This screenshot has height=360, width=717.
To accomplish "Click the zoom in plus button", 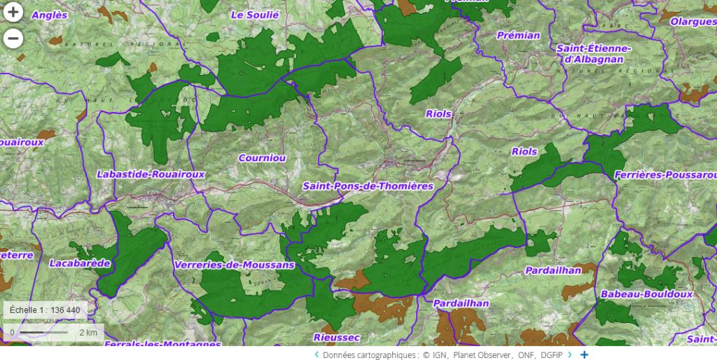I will pyautogui.click(x=13, y=13).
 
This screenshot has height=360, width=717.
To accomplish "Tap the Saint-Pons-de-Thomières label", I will pyautogui.click(x=368, y=186).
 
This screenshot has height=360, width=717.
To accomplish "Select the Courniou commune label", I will pyautogui.click(x=262, y=158).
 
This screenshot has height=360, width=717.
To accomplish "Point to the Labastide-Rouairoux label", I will pyautogui.click(x=151, y=174).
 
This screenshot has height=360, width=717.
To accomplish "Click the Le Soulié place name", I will pyautogui.click(x=255, y=15).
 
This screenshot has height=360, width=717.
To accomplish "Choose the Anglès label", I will pyautogui.click(x=50, y=15).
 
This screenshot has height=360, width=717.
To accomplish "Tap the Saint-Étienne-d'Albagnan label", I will pyautogui.click(x=594, y=54).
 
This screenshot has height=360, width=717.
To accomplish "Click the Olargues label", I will pyautogui.click(x=693, y=22).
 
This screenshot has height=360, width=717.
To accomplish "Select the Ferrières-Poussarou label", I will pyautogui.click(x=665, y=174).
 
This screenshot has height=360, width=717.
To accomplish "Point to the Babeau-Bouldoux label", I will pyautogui.click(x=646, y=294).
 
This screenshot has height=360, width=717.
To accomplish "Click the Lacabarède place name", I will pyautogui.click(x=80, y=263).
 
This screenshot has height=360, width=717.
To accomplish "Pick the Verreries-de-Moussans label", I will pyautogui.click(x=232, y=265).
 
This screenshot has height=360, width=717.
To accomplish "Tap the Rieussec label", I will pyautogui.click(x=337, y=338).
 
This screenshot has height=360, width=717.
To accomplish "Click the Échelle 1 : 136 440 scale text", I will pyautogui.click(x=45, y=310).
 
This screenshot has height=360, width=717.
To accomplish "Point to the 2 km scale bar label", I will pyautogui.click(x=88, y=332).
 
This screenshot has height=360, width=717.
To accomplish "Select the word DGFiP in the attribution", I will pyautogui.click(x=551, y=355).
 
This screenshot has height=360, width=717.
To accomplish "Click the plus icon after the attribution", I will pyautogui.click(x=584, y=355).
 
